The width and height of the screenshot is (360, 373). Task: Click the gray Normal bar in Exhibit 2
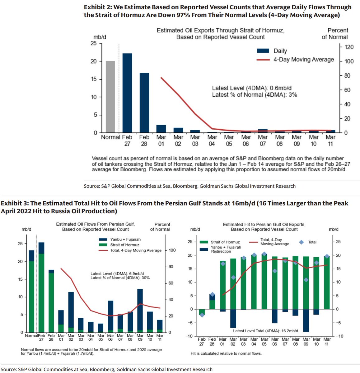click(x=110, y=97)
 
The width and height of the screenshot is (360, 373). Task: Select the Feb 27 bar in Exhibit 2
click(x=127, y=93)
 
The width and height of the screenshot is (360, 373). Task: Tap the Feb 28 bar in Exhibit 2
click(x=144, y=103)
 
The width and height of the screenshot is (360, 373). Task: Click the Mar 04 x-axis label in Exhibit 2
click(x=212, y=140)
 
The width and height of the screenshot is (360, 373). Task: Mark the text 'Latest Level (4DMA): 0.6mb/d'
click(x=252, y=88)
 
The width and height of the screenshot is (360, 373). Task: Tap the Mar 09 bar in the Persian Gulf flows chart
click(x=140, y=311)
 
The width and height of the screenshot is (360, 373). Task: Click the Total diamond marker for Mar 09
click(x=306, y=280)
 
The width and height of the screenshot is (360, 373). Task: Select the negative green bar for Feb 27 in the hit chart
click(x=202, y=312)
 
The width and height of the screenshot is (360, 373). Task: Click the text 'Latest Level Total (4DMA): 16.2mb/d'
click(x=265, y=331)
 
